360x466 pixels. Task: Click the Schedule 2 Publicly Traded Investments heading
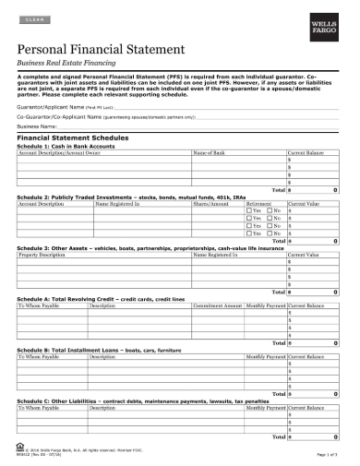coord(135,197)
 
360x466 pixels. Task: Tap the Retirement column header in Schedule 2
coord(259,203)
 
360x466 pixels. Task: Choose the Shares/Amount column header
coord(211,203)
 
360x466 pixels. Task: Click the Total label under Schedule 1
coord(279,188)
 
